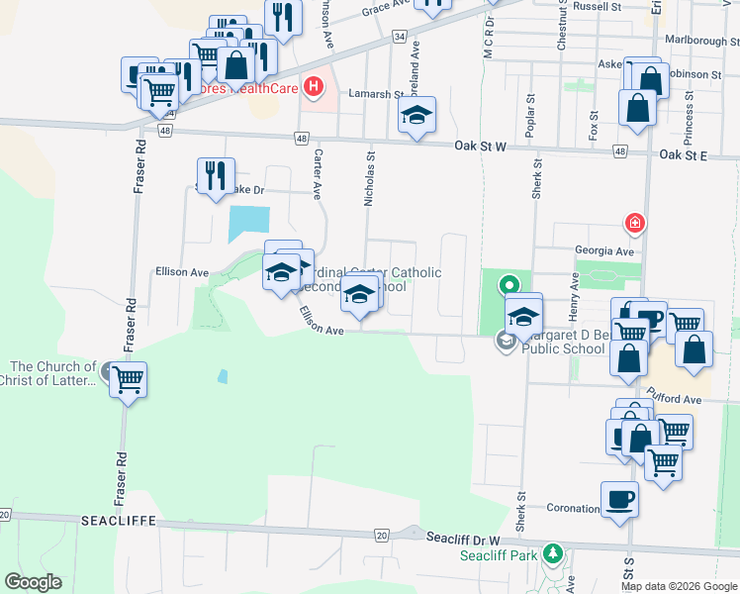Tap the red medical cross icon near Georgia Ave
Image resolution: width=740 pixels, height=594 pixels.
coord(634,224)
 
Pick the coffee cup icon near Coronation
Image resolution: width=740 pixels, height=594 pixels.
coord(619,499)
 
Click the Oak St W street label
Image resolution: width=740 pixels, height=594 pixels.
coord(481,147)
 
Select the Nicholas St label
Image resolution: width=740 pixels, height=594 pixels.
coord(369,178)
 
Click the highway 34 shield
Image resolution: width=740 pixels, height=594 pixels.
coord(399,36)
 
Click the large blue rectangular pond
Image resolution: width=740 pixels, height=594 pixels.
coord(248,223)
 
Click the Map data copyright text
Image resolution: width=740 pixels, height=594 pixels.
coord(679,586)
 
